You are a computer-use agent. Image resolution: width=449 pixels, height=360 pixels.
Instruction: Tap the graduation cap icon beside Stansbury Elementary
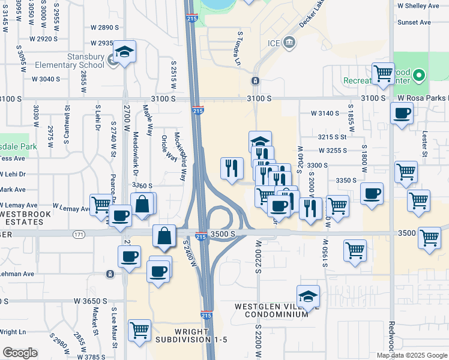click(124, 52)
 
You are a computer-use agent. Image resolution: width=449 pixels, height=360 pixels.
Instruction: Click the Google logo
click(19, 353)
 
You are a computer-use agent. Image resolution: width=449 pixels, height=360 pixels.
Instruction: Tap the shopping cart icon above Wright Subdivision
click(139, 330)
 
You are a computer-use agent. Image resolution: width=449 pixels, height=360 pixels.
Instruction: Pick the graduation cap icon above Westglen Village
click(309, 296)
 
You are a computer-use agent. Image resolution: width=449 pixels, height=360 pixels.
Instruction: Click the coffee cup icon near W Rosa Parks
click(402, 113)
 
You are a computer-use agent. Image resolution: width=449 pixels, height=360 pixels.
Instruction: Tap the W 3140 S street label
click(325, 113)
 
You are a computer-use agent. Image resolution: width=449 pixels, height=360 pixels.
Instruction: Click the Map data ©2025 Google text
click(412, 355)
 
